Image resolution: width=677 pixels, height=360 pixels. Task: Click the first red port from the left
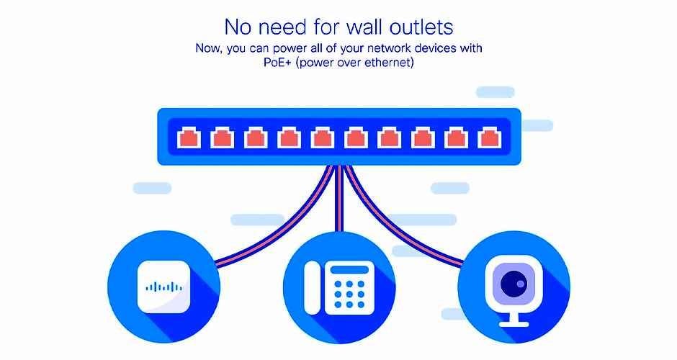(x=187, y=137)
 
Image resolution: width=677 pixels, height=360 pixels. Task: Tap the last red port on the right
(x=490, y=137)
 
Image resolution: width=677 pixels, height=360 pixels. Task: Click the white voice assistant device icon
(x=163, y=287)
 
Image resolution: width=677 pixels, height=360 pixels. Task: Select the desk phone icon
(x=338, y=287)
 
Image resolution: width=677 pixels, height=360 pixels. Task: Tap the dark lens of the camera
(x=514, y=284)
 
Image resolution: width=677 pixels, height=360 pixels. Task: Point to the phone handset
(x=313, y=287)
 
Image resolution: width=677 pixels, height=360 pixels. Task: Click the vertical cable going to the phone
(x=338, y=209)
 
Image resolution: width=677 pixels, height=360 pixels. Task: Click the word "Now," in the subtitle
(x=210, y=48)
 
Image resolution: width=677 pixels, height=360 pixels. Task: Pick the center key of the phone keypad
(x=350, y=293)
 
